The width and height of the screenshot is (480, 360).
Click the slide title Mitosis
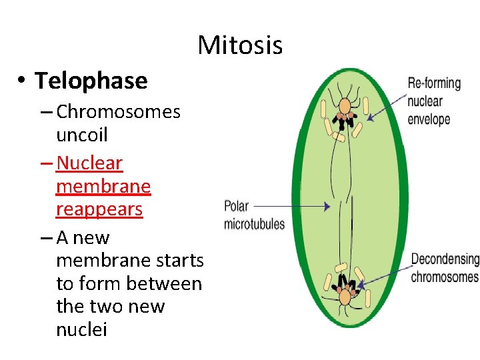click(240, 45)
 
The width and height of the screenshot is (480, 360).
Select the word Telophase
click(91, 81)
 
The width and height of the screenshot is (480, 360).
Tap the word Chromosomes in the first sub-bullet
click(118, 111)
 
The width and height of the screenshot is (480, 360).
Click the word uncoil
click(82, 135)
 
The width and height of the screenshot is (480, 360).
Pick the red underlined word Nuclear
click(90, 163)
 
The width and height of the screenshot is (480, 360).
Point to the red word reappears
click(99, 209)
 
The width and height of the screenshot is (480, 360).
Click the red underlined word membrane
click(103, 186)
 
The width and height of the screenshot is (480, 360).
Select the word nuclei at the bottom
click(81, 329)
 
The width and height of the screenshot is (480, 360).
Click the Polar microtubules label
click(254, 215)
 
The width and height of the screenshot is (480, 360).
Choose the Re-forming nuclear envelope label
click(434, 101)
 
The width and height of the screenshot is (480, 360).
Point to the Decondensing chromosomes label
click(445, 267)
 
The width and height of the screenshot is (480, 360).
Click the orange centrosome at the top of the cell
click(345, 105)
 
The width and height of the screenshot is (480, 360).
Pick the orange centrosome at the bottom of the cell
click(345, 295)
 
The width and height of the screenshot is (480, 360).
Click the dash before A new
click(46, 238)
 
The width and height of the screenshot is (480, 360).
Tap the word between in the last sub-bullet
click(171, 283)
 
